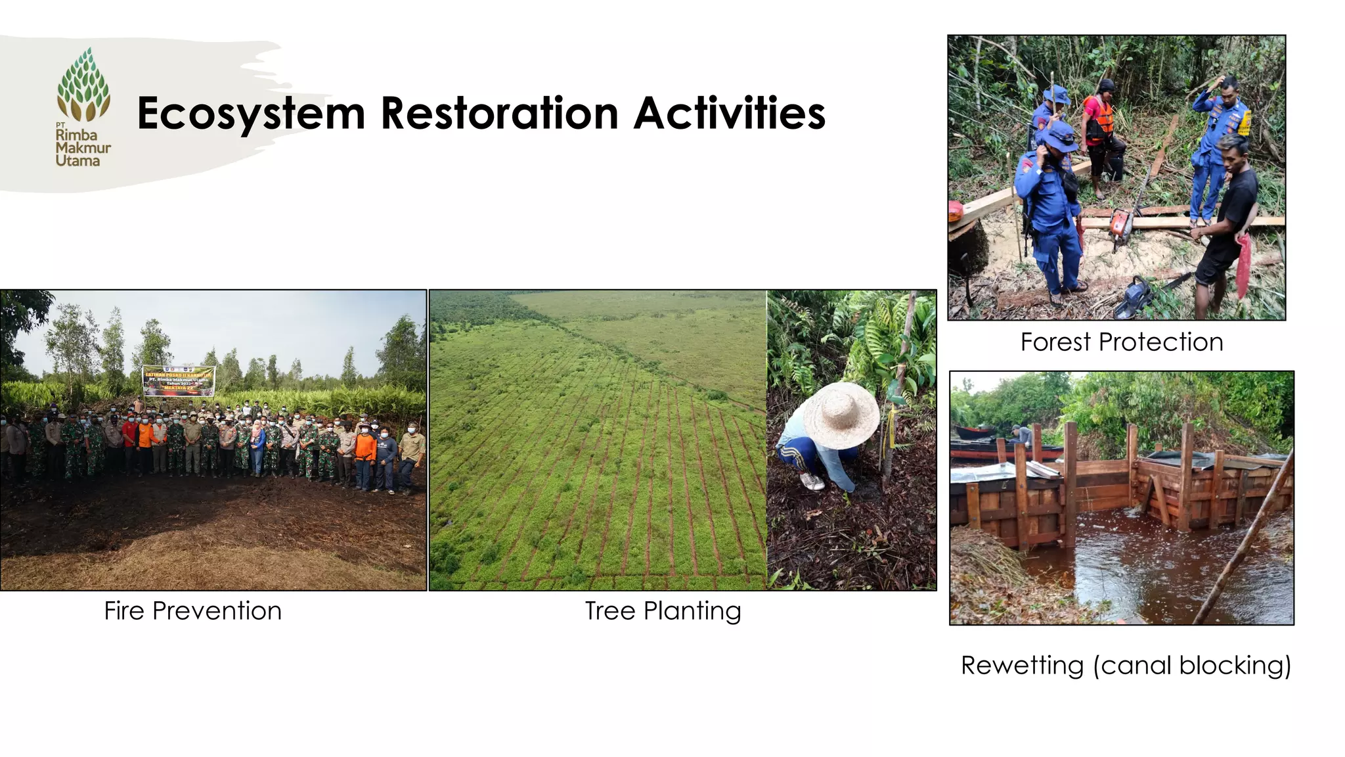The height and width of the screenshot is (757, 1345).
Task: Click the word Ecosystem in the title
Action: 251,114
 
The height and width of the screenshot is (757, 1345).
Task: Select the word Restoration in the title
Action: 500,114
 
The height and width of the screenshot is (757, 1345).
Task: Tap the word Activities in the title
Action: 729,114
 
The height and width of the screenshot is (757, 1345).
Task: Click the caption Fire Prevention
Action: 192,611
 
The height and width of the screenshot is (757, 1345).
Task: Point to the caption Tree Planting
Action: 663,611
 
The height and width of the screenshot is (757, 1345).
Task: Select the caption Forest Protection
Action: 1121,342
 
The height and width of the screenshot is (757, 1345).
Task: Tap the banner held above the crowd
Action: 179,380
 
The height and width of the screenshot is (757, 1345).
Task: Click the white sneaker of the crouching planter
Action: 812,482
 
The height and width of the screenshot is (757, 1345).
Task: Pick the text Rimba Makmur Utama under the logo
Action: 82,148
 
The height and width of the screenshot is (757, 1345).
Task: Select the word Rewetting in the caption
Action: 1022,666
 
